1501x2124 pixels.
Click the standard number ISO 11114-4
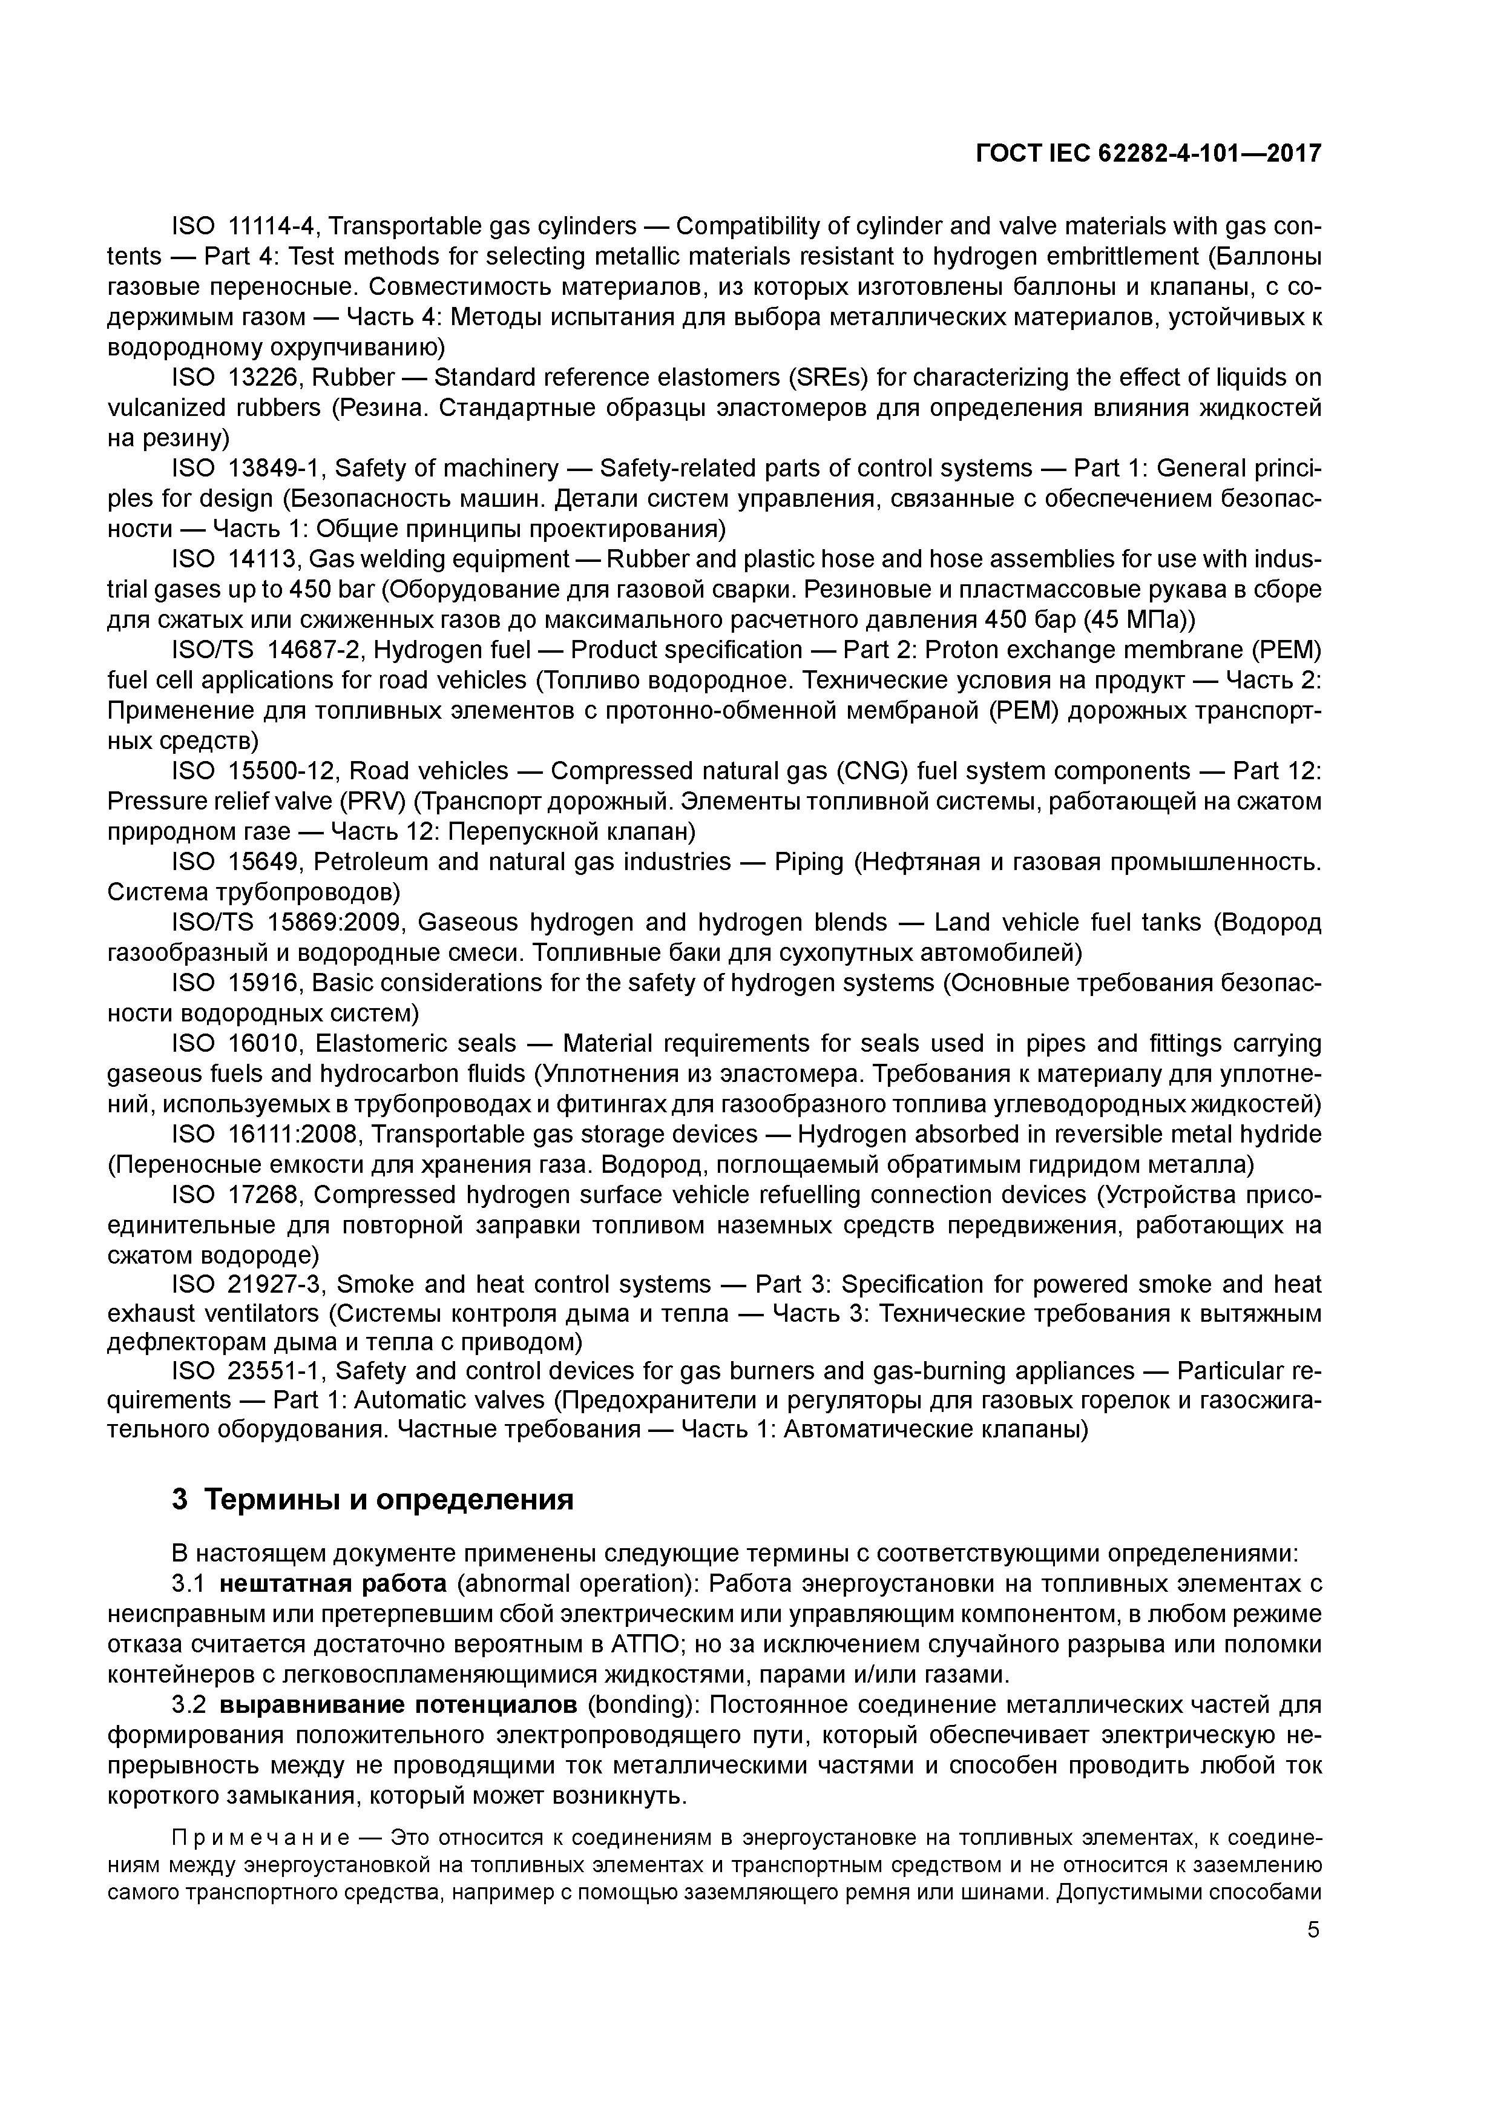(x=245, y=226)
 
